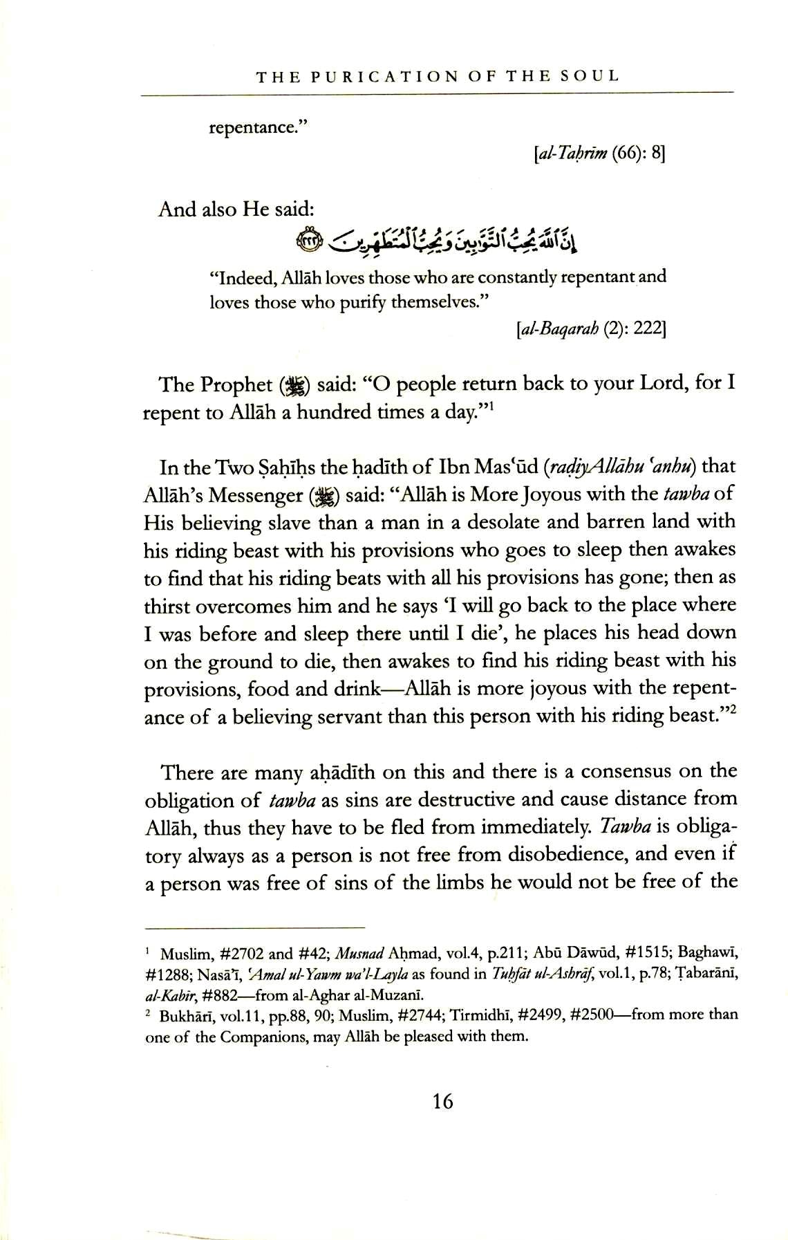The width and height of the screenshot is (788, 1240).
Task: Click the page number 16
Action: (x=443, y=1100)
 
